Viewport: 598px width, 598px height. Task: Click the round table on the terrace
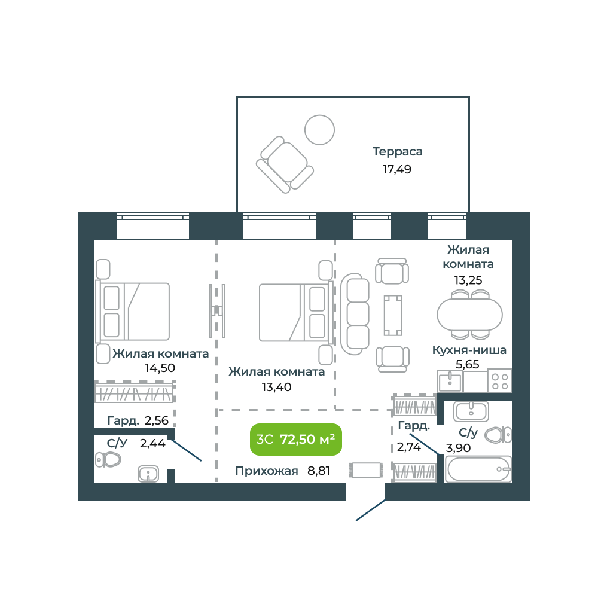[x=319, y=130]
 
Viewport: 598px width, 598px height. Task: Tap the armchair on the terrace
[x=285, y=165]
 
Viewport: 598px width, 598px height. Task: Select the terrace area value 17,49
[x=396, y=169]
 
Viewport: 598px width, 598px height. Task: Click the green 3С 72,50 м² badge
[x=295, y=440]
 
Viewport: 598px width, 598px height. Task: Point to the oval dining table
[x=469, y=315]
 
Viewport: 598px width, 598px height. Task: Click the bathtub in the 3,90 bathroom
[x=478, y=469]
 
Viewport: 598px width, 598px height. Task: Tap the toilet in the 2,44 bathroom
[x=108, y=459]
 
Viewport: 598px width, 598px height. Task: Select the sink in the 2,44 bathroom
[x=148, y=474]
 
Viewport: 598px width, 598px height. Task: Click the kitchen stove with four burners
[x=499, y=381]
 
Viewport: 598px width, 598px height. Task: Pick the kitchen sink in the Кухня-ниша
[x=450, y=381]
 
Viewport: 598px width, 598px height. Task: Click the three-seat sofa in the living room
[x=355, y=314]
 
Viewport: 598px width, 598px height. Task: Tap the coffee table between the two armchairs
[x=393, y=315]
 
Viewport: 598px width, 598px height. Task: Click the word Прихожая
[x=267, y=471]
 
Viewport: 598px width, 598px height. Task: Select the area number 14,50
[x=160, y=368]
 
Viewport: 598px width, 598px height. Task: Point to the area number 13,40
[x=276, y=387]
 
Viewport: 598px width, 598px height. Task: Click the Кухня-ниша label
[x=469, y=350]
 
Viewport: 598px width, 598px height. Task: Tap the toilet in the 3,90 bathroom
[x=498, y=435]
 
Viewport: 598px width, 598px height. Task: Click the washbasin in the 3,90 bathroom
[x=471, y=411]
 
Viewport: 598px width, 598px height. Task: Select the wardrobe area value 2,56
[x=156, y=420]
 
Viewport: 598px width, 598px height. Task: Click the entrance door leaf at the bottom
[x=370, y=510]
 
